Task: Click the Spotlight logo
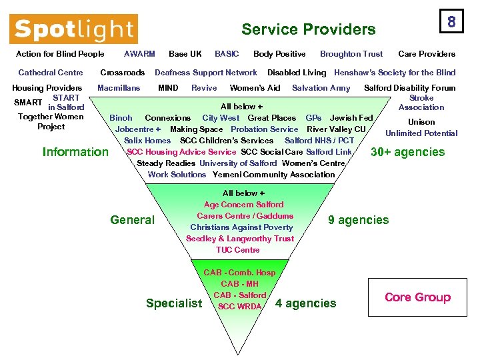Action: pyautogui.click(x=73, y=29)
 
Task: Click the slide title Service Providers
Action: pyautogui.click(x=308, y=29)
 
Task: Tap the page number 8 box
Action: pyautogui.click(x=451, y=22)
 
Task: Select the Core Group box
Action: pyautogui.click(x=417, y=297)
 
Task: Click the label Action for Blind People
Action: pyautogui.click(x=60, y=54)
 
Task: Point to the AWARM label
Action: pyautogui.click(x=140, y=54)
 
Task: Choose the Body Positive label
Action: pyautogui.click(x=279, y=54)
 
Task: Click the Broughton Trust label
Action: pyautogui.click(x=351, y=54)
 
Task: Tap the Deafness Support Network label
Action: pyautogui.click(x=205, y=73)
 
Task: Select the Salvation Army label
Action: pyautogui.click(x=321, y=88)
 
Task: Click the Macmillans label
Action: pyautogui.click(x=119, y=88)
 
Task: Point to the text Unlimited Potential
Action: pyautogui.click(x=421, y=133)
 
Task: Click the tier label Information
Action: pyautogui.click(x=75, y=152)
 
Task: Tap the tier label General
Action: pyautogui.click(x=132, y=220)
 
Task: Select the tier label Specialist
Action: pyautogui.click(x=174, y=303)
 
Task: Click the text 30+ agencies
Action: pyautogui.click(x=408, y=152)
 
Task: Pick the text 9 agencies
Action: pyautogui.click(x=358, y=220)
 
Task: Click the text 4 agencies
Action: pyautogui.click(x=306, y=303)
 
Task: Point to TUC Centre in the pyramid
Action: pyautogui.click(x=238, y=250)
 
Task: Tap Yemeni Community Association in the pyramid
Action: pyautogui.click(x=274, y=175)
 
